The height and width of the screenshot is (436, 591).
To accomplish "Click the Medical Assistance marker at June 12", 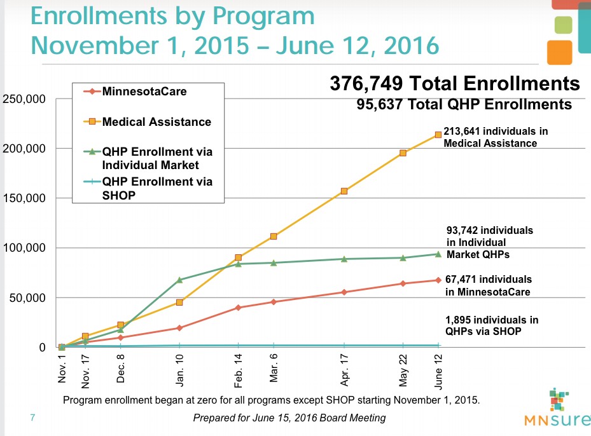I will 438,135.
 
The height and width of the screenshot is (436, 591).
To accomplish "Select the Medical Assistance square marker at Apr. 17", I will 344,191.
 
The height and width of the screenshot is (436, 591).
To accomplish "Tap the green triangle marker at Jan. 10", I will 179,280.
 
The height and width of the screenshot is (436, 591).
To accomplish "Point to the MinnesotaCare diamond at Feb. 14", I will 239,308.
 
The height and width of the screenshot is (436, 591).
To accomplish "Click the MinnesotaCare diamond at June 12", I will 438,280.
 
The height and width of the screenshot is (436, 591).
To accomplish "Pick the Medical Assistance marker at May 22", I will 403,153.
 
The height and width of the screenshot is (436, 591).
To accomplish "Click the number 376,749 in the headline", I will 366,84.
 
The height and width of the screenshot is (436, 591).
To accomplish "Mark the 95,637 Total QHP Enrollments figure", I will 464,104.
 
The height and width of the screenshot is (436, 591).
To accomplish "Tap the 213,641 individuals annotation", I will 496,137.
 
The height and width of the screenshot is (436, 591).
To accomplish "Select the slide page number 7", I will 32,418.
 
